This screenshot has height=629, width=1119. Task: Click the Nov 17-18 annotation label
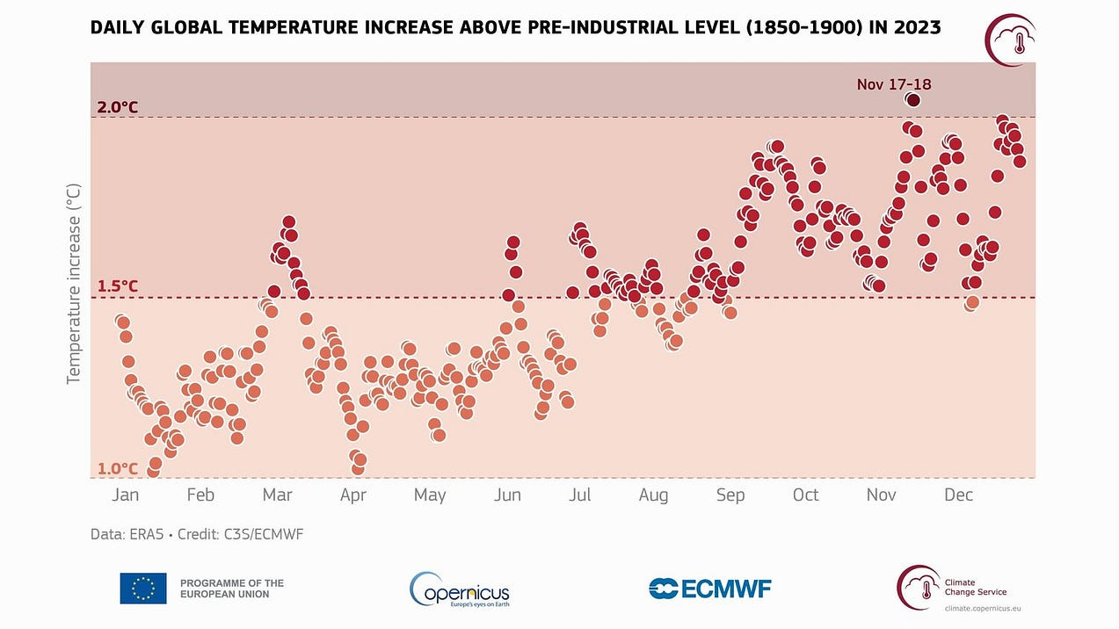(x=894, y=84)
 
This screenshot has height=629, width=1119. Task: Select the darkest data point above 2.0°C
(x=913, y=100)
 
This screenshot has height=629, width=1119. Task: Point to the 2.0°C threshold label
(x=118, y=107)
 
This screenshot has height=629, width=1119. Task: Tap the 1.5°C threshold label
(x=118, y=286)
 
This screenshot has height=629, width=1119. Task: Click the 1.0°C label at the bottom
(x=118, y=468)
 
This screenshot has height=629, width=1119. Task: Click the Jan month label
(x=125, y=495)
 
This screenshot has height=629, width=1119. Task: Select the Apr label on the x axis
(x=352, y=495)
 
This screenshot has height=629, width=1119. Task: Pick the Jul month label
(x=579, y=495)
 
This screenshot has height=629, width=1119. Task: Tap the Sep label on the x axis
(x=730, y=495)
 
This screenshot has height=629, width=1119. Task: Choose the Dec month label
(x=958, y=495)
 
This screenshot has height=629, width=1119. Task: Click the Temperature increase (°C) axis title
(x=74, y=283)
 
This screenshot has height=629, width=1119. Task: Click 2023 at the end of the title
(x=916, y=28)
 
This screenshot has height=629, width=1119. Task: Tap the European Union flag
(x=143, y=589)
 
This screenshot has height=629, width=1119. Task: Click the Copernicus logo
(x=460, y=589)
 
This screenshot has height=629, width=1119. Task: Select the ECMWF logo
(x=709, y=589)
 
